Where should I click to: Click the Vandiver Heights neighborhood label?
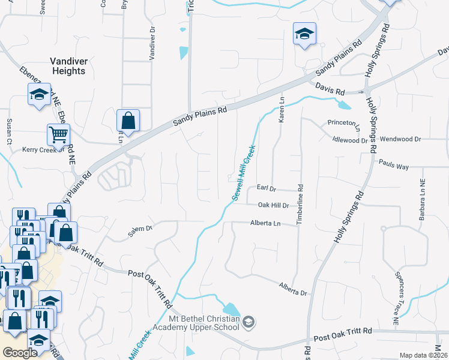(68, 66)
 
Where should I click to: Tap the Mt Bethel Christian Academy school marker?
(250, 323)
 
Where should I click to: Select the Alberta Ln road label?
(265, 223)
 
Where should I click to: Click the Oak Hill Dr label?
(273, 205)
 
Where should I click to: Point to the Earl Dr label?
(265, 188)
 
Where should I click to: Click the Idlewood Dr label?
(350, 140)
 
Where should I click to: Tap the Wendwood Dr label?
(401, 139)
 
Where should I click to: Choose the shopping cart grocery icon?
(58, 134)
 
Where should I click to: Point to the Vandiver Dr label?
(152, 43)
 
